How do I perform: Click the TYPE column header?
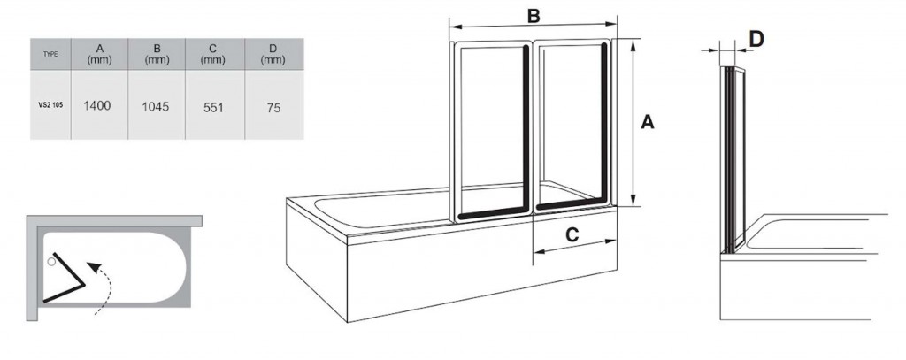click(50, 54)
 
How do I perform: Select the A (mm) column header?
click(98, 53)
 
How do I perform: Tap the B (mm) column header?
click(156, 53)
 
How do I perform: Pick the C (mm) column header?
click(212, 53)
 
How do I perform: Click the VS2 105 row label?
click(50, 105)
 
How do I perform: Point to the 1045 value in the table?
click(156, 106)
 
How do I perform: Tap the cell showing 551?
click(212, 106)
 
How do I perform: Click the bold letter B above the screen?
click(533, 16)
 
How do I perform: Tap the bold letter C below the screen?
click(572, 234)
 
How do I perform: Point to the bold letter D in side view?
click(756, 38)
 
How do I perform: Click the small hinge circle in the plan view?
click(52, 262)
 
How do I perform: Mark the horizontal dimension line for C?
click(573, 249)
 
